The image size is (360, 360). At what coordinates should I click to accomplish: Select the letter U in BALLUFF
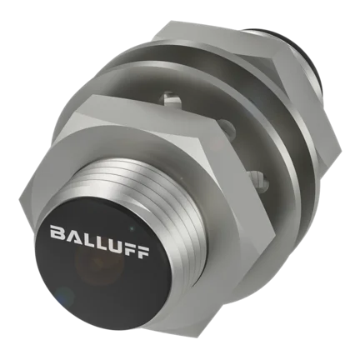pyautogui.click(x=111, y=242)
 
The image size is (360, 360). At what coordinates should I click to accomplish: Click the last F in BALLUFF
pyautogui.click(x=142, y=252)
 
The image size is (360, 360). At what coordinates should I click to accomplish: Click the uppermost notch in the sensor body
pyautogui.click(x=170, y=99)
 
